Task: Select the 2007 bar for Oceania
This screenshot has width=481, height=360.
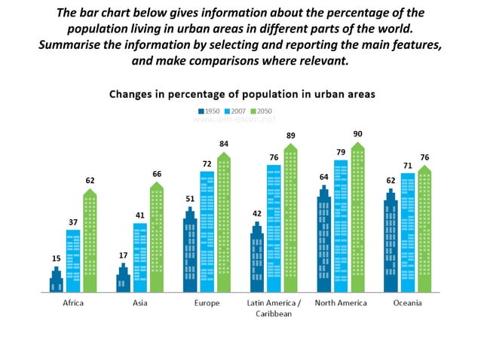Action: click(x=408, y=233)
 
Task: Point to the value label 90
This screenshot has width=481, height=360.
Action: click(x=357, y=134)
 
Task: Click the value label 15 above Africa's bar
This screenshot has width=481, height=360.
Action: click(x=56, y=258)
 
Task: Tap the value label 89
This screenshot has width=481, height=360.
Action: click(x=290, y=136)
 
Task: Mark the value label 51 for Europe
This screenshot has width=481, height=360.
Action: click(x=190, y=199)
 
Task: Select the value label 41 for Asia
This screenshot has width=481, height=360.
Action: click(x=139, y=215)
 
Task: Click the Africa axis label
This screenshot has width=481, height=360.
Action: click(x=73, y=303)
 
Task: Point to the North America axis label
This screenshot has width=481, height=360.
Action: click(x=341, y=303)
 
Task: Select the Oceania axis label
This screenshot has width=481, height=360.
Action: click(x=408, y=303)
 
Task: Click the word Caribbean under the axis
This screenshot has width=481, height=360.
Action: click(x=274, y=315)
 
